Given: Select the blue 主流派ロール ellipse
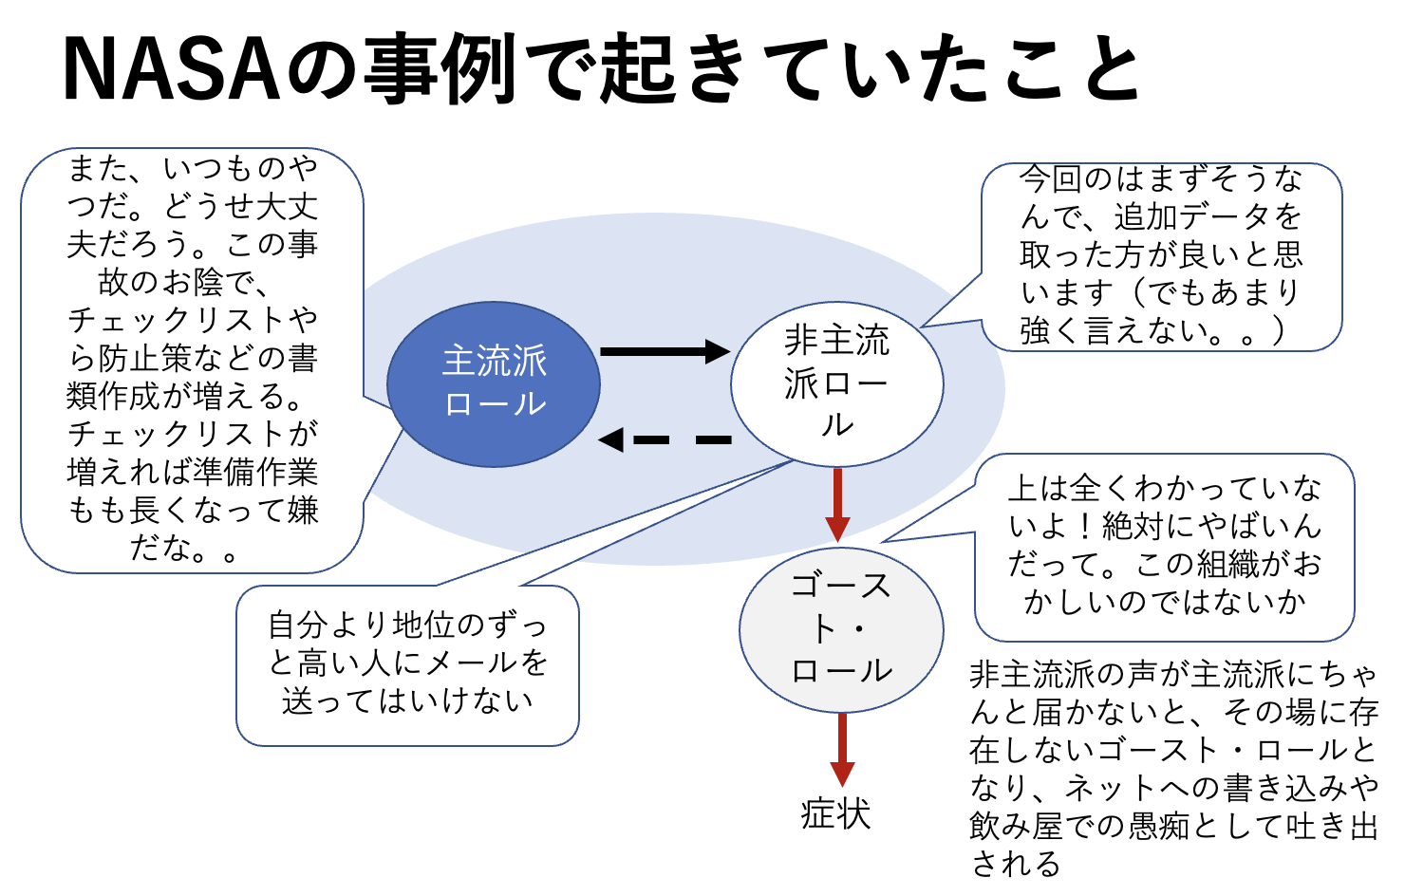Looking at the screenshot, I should (494, 384).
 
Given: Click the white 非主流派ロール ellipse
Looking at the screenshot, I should (836, 383).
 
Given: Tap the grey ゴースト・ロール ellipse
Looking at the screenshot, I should (841, 629).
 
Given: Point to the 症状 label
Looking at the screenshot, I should (835, 814).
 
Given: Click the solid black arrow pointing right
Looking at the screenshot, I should (665, 351).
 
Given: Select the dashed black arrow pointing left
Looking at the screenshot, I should (665, 439).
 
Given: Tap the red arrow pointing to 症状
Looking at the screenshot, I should (842, 750).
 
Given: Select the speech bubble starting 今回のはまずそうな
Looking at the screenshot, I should (1161, 256).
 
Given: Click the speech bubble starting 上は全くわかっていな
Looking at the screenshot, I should (1164, 547).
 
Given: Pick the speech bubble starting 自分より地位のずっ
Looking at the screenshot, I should (407, 664).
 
